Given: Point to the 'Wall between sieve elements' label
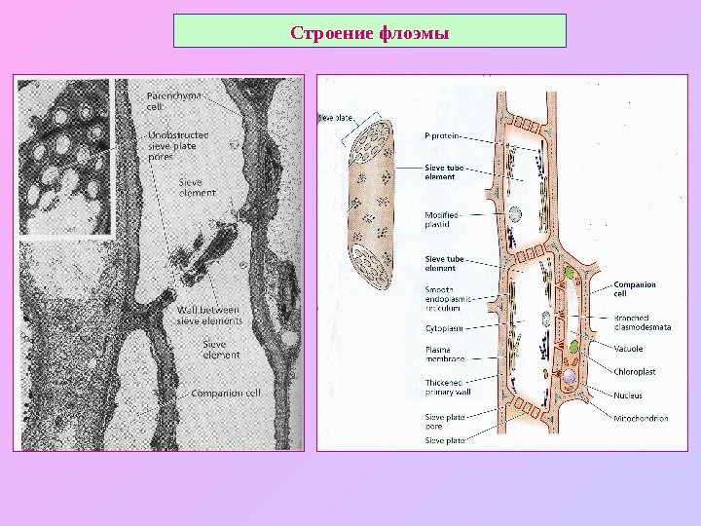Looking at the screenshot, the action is pos(208,316).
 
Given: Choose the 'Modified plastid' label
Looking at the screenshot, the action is pos(443,219).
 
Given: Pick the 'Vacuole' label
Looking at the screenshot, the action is pos(630,348).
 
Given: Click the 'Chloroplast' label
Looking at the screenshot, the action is pos(635,371).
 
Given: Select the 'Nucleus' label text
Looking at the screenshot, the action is pos(629,395).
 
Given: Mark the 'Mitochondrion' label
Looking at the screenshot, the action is pos(641,418).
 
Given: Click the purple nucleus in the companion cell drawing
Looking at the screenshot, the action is pos(570,376).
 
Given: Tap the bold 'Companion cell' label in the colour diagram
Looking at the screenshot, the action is pos(634,289).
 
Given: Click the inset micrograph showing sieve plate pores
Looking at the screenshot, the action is pos(66,158).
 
